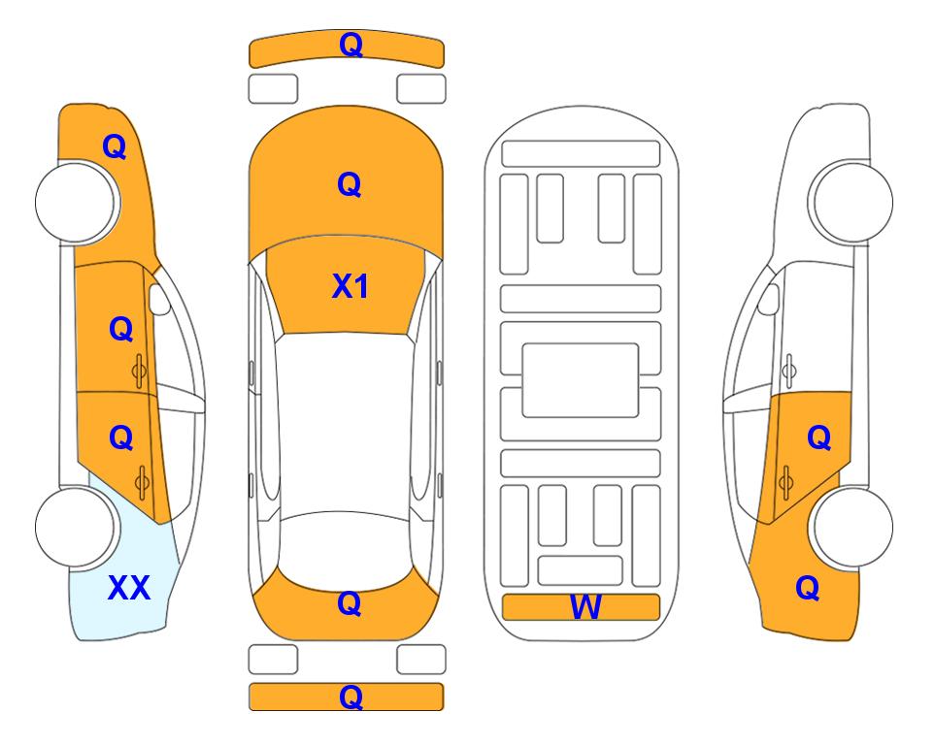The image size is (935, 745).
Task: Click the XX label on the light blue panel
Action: pyautogui.click(x=129, y=588)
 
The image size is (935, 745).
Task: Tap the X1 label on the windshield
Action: pyautogui.click(x=351, y=286)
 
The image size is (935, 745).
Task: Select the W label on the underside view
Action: pyautogui.click(x=584, y=607)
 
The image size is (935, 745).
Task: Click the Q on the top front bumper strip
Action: pyautogui.click(x=351, y=45)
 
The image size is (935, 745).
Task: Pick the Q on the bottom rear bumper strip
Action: pyautogui.click(x=351, y=696)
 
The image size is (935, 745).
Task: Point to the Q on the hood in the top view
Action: pyautogui.click(x=350, y=184)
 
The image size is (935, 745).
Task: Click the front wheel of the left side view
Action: pyautogui.click(x=77, y=203)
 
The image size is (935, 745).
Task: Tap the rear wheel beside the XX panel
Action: pyautogui.click(x=77, y=527)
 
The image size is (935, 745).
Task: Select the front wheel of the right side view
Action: pyautogui.click(x=851, y=202)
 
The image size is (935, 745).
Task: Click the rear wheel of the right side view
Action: pyautogui.click(x=851, y=527)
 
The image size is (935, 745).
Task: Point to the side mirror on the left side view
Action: pyautogui.click(x=159, y=299)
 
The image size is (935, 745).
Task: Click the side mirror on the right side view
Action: pyautogui.click(x=768, y=299)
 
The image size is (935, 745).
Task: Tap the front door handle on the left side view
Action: pyautogui.click(x=140, y=371)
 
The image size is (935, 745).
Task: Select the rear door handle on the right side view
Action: pyautogui.click(x=785, y=481)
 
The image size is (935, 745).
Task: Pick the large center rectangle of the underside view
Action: pyautogui.click(x=581, y=380)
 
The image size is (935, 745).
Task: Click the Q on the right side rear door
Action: pyautogui.click(x=818, y=438)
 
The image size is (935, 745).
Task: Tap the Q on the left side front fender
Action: pyautogui.click(x=115, y=146)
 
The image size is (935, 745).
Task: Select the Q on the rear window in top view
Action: pyautogui.click(x=350, y=603)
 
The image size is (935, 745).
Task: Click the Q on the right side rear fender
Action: pyautogui.click(x=808, y=588)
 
